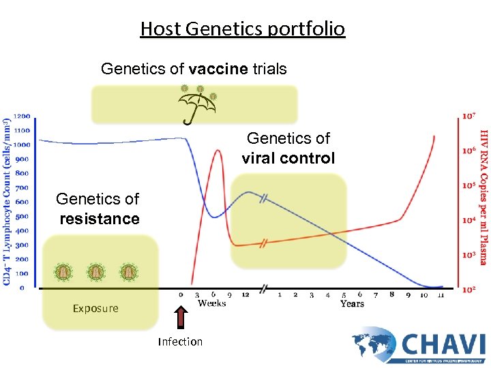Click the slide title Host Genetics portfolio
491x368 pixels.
tap(242, 29)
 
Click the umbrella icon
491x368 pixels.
tap(197, 104)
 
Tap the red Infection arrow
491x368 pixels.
tap(181, 318)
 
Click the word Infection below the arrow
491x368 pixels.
tap(180, 341)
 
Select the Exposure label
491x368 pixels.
tap(95, 308)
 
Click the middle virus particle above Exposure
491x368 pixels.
tap(96, 272)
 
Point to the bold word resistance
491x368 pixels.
tap(100, 219)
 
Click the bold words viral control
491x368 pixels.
tap(288, 158)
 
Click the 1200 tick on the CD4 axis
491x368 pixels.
tap(21, 116)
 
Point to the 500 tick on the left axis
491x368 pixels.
tap(21, 216)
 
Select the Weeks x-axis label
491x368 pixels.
tap(212, 304)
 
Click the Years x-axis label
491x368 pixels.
tap(352, 304)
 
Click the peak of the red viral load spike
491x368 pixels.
tap(218, 151)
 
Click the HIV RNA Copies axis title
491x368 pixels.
tap(483, 197)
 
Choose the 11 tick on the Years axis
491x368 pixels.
tap(441, 295)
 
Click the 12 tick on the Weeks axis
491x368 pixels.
tap(245, 295)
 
